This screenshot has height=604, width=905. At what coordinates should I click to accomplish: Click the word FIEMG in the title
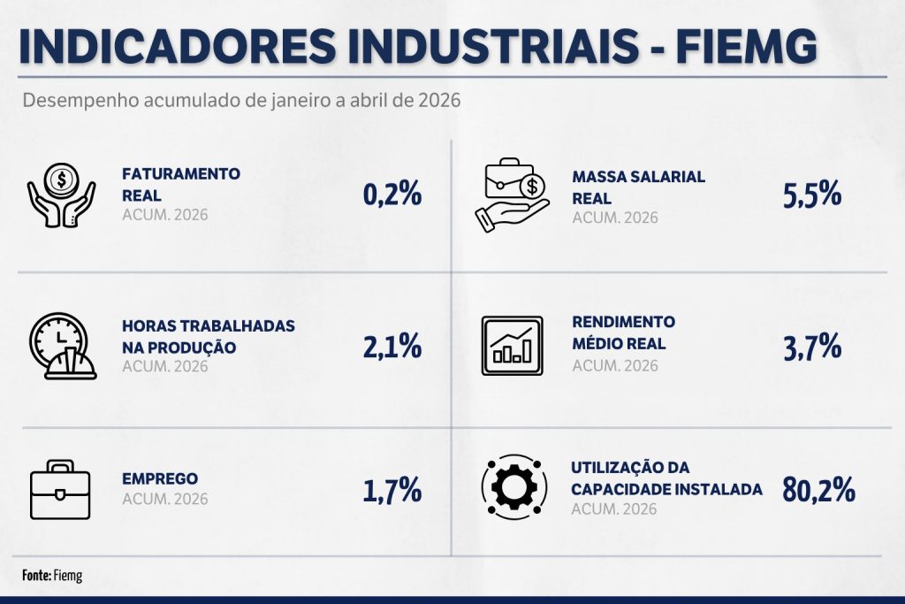point(746,45)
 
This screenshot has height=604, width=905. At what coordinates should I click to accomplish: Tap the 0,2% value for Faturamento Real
point(392,194)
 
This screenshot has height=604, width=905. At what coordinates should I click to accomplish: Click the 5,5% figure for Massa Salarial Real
point(812,194)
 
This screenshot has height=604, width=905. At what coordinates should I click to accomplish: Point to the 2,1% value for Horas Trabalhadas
point(392,347)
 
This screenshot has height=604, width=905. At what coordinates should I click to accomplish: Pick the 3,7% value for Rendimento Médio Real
point(812,347)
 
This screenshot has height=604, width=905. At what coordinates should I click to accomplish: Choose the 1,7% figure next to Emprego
point(392,490)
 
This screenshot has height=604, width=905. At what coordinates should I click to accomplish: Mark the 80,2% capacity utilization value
point(819,490)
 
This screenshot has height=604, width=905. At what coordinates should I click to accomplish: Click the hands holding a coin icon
point(61,195)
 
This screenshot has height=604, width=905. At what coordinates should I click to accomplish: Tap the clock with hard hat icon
point(63,346)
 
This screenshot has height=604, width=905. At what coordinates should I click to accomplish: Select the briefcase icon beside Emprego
point(60,490)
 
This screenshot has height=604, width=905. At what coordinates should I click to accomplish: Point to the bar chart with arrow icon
point(512,345)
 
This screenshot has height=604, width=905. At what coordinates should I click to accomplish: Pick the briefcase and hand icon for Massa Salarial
point(511,195)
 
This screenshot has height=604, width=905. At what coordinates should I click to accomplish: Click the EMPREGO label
point(160,478)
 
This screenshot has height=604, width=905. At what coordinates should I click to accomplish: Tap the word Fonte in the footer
point(36,575)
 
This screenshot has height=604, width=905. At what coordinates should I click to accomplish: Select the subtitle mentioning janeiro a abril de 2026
point(241,101)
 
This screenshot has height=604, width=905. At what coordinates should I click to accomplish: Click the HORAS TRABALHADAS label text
point(209,325)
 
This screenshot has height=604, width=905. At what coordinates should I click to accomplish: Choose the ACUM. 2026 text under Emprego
point(165,499)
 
